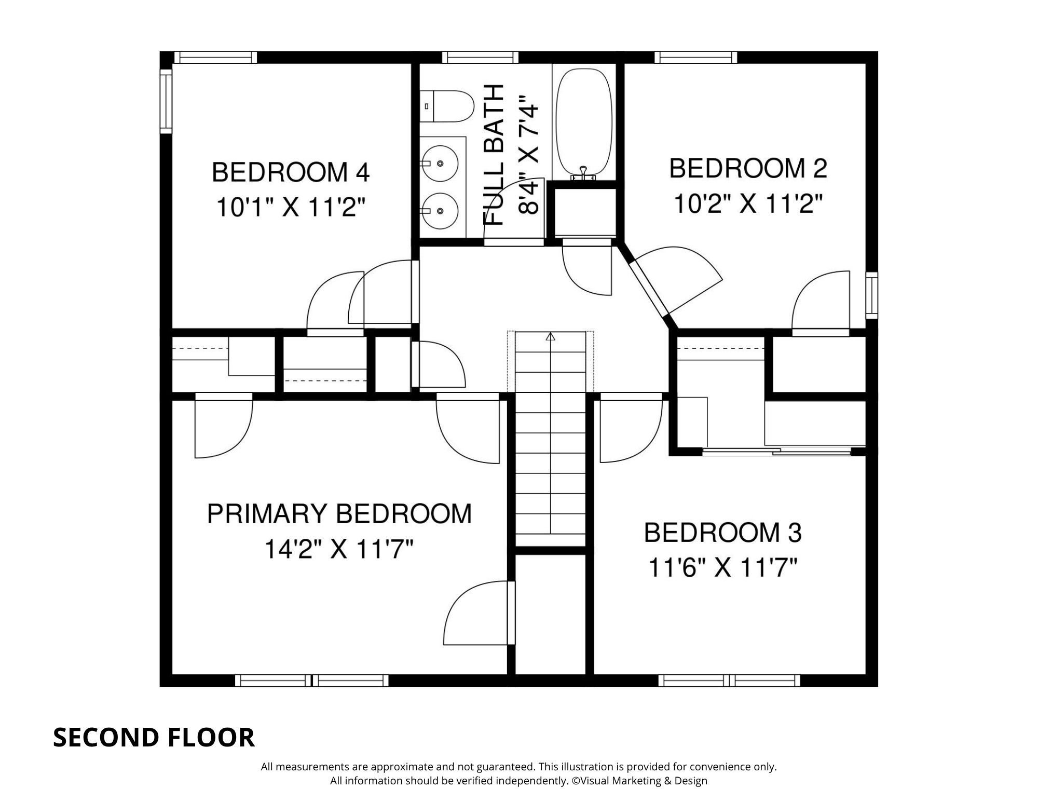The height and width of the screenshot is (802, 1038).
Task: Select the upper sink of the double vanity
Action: click(440, 163)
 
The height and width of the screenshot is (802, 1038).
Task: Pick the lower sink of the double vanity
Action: click(440, 211)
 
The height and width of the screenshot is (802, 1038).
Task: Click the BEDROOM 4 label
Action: click(291, 172)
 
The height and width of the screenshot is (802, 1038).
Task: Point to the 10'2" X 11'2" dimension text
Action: click(748, 203)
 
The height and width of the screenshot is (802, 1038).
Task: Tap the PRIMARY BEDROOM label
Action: click(339, 514)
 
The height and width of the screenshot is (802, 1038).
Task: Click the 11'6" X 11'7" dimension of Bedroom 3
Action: click(722, 568)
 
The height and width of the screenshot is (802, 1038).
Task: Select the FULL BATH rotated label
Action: click(494, 155)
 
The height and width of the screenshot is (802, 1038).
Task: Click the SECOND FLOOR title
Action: click(154, 738)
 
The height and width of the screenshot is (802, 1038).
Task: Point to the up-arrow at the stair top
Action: click(550, 337)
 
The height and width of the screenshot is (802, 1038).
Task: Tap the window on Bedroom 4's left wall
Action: click(166, 101)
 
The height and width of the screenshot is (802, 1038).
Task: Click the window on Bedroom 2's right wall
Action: click(872, 295)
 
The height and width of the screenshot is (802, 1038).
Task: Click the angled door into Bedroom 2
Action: click(649, 288)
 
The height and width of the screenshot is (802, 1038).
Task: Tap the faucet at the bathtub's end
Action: click(584, 172)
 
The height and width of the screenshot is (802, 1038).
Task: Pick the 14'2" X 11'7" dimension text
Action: click(339, 549)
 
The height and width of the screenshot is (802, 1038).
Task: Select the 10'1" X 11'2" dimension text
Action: click(291, 208)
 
